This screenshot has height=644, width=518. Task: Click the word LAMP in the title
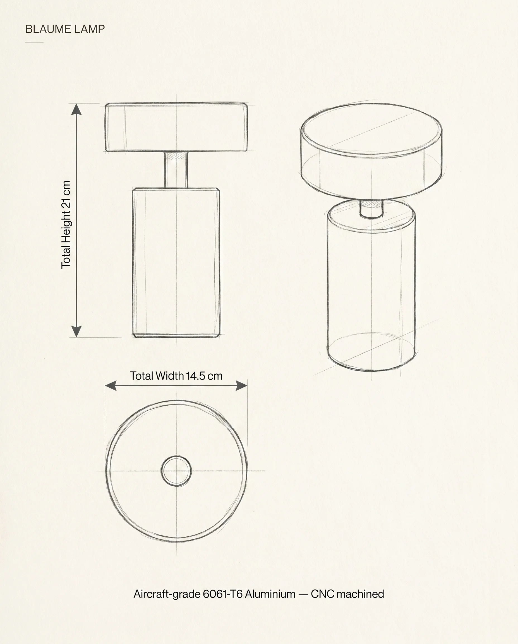[90, 29]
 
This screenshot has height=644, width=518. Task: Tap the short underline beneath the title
[34, 42]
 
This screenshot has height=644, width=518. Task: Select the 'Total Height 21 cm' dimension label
[66, 224]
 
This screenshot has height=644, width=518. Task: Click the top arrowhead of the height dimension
[77, 109]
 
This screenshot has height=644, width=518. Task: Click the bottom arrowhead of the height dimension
[77, 332]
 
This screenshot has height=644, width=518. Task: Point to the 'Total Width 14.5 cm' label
[176, 376]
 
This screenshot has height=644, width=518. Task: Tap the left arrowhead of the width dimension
[111, 385]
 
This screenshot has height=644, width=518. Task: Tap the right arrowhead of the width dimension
[241, 385]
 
